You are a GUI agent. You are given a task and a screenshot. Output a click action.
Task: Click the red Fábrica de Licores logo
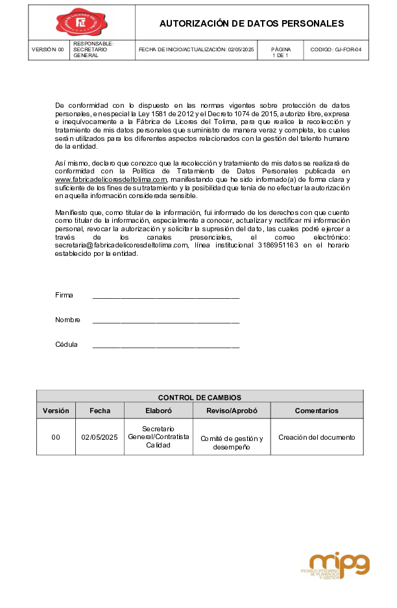pos(81,23)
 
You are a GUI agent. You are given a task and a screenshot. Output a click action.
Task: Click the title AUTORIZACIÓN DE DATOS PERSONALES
pos(252,23)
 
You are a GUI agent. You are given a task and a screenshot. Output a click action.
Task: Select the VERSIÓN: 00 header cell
pos(48,50)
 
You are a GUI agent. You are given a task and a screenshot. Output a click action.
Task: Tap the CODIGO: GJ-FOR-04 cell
pos(335,50)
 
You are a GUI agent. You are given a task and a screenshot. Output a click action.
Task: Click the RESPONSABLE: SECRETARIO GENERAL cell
pos(94,50)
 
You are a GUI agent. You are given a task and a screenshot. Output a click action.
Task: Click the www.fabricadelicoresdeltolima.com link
pos(112,179)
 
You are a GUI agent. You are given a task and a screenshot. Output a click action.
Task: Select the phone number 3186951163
pos(278,246)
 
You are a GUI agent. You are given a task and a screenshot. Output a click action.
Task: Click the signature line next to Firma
pos(166,296)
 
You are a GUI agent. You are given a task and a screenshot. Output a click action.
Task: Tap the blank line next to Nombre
pos(166,321)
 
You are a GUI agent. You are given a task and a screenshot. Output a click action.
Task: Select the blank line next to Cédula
pos(166,346)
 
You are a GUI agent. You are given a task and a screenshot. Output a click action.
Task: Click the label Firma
pos(64,295)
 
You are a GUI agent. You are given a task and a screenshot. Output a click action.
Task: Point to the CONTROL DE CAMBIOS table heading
pos(200,397)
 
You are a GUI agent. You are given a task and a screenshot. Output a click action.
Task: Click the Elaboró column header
pos(158,411)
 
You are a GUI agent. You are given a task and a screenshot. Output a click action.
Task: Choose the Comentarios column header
pos(317,411)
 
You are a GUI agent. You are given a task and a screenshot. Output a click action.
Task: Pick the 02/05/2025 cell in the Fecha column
pos(99,437)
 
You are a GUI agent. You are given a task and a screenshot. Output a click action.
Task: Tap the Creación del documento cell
pos(317,437)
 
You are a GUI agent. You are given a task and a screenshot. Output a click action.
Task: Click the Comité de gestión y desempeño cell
pos(232,442)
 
